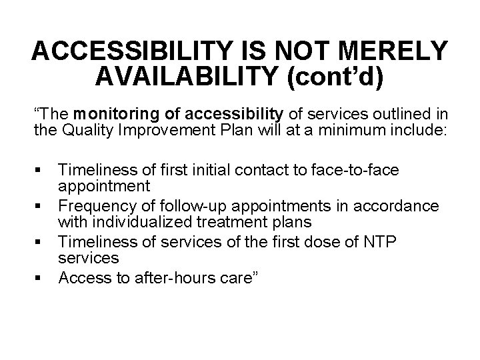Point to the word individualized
click(144, 221)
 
